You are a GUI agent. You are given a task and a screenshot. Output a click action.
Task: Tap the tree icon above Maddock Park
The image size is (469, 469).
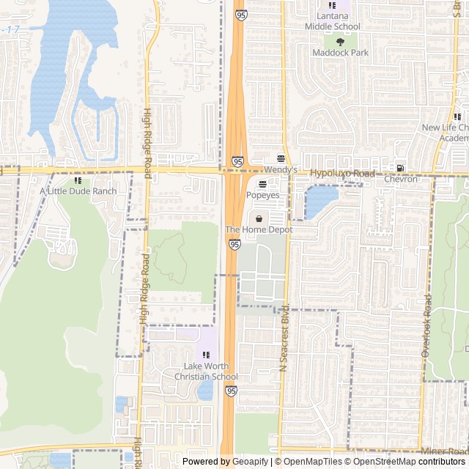(x=339, y=42)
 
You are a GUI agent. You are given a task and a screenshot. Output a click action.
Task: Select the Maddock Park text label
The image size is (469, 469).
(x=340, y=53)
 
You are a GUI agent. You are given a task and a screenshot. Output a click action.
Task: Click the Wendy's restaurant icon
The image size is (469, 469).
(x=281, y=158)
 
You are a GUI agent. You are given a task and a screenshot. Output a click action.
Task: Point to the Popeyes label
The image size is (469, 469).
(x=262, y=196)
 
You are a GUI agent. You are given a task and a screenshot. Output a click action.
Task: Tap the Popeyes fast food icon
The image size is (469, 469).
(x=262, y=183)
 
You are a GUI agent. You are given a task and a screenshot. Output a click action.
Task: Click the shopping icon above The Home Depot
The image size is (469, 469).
(x=259, y=218)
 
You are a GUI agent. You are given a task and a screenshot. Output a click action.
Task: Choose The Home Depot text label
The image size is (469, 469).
(x=259, y=230)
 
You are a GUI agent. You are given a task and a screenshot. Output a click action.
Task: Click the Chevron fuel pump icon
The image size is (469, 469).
(x=399, y=168)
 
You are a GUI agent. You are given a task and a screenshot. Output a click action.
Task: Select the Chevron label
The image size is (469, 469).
(x=400, y=179)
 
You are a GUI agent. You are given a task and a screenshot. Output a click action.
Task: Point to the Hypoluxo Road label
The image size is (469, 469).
(x=342, y=174)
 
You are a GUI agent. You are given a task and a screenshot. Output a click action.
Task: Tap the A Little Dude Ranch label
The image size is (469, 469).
(x=78, y=191)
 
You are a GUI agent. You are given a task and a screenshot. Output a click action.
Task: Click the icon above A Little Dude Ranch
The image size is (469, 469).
(x=78, y=180)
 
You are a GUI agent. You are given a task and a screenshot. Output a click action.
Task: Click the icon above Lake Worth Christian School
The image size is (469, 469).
(x=206, y=355)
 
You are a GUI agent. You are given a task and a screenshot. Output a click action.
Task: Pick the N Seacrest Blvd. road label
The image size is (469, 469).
(x=284, y=337)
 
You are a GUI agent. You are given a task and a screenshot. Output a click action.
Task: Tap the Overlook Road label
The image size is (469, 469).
(x=426, y=326)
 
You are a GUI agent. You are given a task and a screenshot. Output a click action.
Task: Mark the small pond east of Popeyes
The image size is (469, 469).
(x=320, y=202)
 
